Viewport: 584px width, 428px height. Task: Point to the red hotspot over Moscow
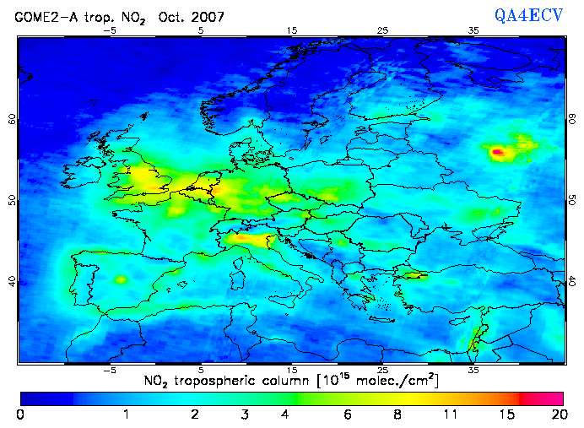(x=498, y=152)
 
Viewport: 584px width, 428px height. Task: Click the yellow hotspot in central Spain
(x=120, y=279)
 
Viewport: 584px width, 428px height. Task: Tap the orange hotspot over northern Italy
(x=245, y=239)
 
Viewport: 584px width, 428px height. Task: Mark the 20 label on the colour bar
(x=556, y=414)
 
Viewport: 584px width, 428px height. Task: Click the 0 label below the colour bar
(x=19, y=414)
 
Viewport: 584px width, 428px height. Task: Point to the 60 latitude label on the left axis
(x=12, y=119)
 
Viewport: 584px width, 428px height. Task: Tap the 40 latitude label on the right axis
(x=572, y=280)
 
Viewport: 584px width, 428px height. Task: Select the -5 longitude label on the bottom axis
(x=110, y=370)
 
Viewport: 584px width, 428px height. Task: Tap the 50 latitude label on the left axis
(x=12, y=200)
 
